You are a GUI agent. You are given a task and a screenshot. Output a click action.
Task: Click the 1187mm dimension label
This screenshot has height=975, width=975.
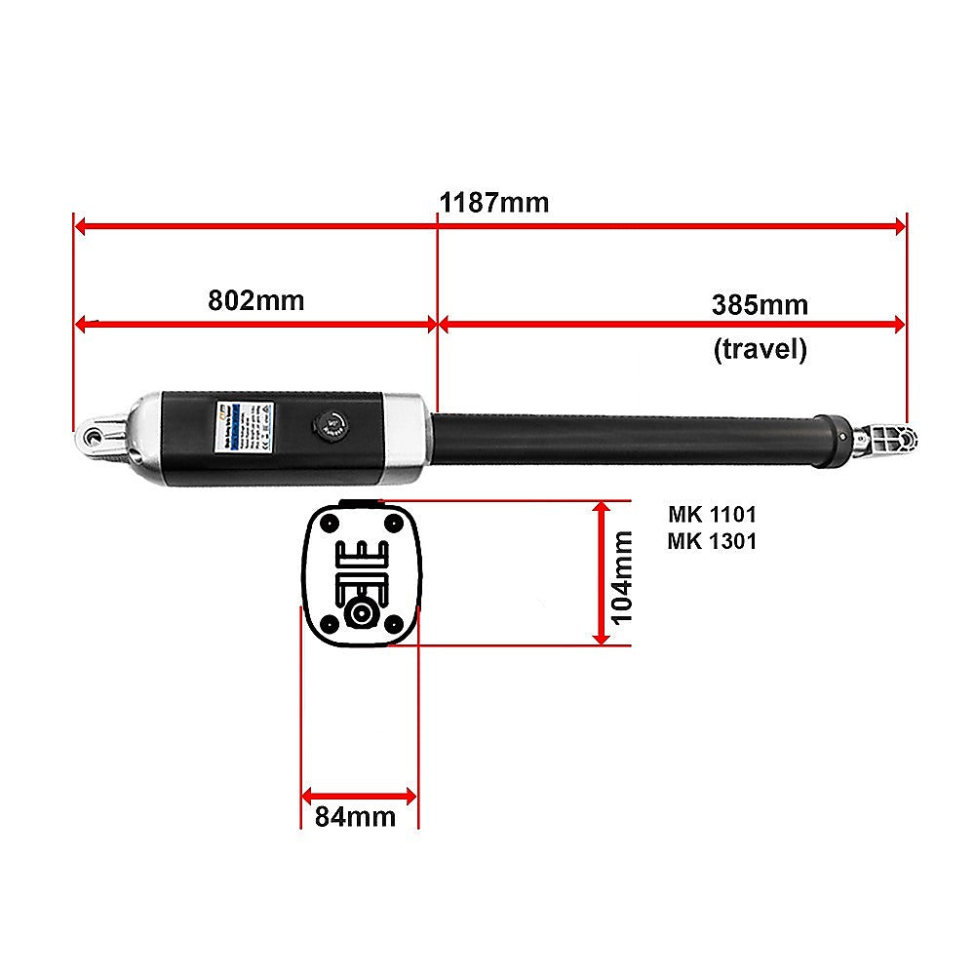tap(494, 203)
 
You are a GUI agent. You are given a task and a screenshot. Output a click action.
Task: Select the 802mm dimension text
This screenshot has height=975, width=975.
tap(256, 299)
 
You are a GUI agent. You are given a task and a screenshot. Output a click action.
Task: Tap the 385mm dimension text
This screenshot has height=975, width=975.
tap(760, 304)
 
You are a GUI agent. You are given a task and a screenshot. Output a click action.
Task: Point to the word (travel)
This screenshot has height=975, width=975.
tap(760, 349)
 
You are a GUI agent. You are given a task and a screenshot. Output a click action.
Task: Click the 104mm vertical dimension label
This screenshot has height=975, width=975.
tap(621, 575)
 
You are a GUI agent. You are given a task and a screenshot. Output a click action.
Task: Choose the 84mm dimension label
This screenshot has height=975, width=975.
tap(356, 816)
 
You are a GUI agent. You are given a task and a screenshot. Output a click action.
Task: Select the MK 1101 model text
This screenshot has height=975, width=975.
tap(712, 514)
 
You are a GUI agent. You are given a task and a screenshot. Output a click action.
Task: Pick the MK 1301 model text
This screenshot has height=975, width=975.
tap(712, 540)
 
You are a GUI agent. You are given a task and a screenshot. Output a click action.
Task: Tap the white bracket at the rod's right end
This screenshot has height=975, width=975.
tap(887, 440)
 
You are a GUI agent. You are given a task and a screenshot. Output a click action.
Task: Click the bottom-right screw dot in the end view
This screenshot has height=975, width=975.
tap(393, 621)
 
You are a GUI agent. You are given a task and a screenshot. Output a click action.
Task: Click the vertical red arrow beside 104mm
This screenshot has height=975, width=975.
tap(603, 572)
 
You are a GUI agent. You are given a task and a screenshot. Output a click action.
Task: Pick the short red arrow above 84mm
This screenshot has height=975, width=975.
tap(359, 796)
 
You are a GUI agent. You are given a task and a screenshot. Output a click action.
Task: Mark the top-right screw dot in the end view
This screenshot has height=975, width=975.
tap(393, 523)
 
